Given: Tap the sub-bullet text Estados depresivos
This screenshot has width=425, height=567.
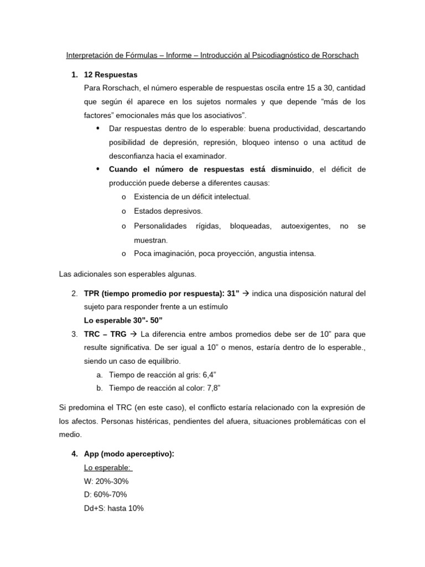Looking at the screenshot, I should click(x=168, y=211).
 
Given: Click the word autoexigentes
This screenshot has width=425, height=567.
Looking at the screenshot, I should click(x=305, y=226).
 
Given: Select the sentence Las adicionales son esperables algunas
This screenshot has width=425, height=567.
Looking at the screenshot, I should click(x=127, y=274).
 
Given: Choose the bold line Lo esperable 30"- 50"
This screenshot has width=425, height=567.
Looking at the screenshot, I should click(x=123, y=321).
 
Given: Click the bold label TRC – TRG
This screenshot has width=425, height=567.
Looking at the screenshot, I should click(x=105, y=334).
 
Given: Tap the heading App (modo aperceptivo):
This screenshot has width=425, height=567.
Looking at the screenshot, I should click(x=128, y=454).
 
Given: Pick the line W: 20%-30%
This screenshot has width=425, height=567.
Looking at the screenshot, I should click(x=106, y=481).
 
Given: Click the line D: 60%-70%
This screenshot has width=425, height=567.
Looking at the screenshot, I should click(x=106, y=494).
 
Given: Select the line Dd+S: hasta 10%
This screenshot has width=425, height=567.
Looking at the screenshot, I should click(x=113, y=508).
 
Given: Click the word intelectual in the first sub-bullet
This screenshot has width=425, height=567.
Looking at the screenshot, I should click(x=231, y=197).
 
